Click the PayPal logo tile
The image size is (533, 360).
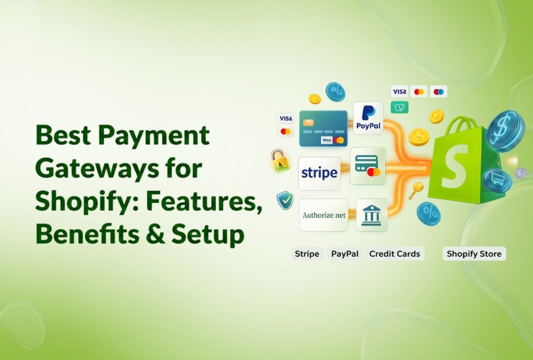368,118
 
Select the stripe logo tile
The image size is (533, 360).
319,173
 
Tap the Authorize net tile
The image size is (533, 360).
323,215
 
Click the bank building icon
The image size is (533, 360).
372,215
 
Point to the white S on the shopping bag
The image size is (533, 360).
453,166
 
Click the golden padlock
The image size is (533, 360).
280,162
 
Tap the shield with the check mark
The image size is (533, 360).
285,201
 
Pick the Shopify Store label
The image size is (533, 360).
474,254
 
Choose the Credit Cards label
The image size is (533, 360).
395,254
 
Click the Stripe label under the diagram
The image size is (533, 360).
307,254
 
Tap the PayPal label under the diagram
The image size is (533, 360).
345,254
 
